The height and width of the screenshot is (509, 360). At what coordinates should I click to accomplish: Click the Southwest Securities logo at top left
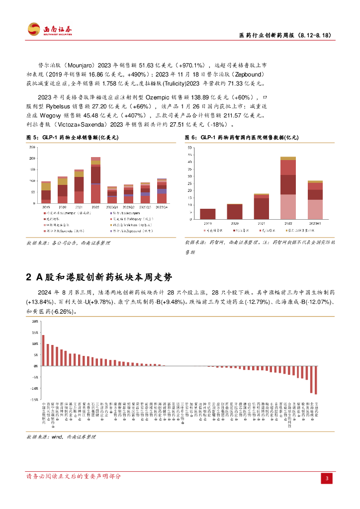(x=49, y=29)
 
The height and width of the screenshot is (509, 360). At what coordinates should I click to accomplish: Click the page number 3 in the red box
(x=327, y=478)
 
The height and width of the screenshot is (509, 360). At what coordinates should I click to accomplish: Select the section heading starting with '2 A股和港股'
(x=100, y=277)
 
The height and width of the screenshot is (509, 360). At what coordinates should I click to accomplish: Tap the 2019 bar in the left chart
(x=46, y=192)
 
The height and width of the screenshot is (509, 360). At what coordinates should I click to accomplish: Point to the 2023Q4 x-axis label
(x=162, y=207)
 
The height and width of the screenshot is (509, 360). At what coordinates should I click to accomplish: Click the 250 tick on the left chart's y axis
(x=32, y=148)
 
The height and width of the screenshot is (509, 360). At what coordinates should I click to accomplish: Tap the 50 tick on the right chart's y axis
(x=190, y=148)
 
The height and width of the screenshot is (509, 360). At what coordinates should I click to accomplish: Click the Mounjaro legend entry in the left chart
(x=124, y=212)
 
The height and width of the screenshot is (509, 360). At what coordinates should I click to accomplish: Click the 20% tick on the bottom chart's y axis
(x=35, y=321)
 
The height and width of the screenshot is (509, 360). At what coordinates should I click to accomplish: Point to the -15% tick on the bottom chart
(x=35, y=399)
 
